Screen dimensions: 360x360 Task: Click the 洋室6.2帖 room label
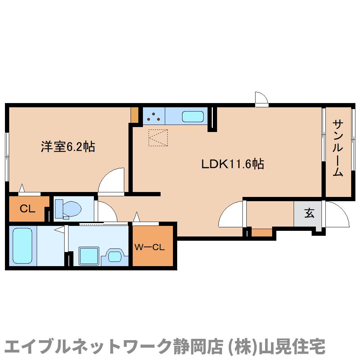point(68,146)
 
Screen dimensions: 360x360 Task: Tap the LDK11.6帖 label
point(233,164)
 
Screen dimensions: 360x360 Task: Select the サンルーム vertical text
point(338,148)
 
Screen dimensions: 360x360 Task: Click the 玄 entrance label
point(309,214)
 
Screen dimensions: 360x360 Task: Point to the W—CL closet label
point(149,247)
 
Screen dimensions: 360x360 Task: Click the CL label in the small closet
point(27,209)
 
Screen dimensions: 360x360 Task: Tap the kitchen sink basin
point(193,116)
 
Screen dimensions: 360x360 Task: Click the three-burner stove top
point(154,116)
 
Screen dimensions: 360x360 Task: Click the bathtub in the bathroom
point(22,246)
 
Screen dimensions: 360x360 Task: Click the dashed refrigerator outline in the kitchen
point(158,138)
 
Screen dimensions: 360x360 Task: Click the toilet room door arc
point(107,211)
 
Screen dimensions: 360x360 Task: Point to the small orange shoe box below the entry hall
point(262,233)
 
